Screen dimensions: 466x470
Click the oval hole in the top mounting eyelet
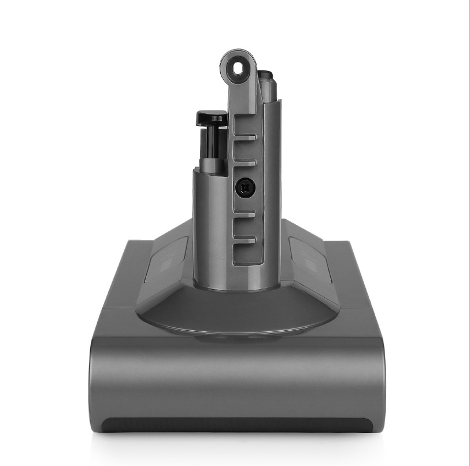(238, 68)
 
